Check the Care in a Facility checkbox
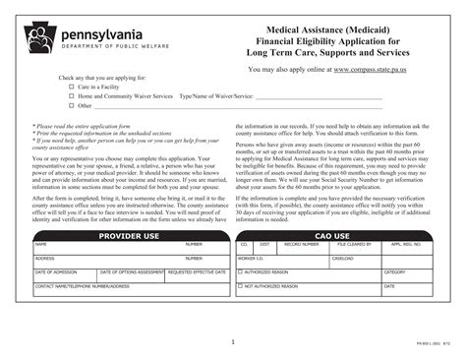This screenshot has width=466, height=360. pyautogui.click(x=72, y=87)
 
